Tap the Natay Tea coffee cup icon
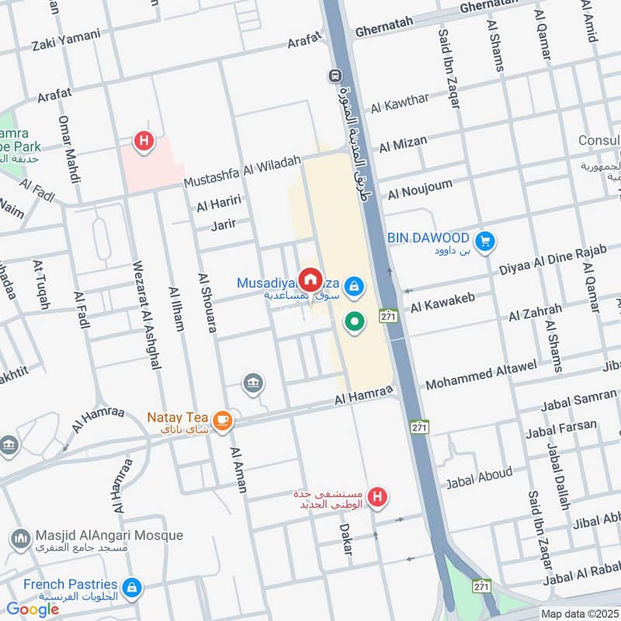tap(223, 420)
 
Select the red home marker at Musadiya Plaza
tap(310, 279)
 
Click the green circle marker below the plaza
tap(355, 321)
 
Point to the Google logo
tap(33, 609)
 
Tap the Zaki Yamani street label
tap(66, 36)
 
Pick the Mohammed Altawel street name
tap(481, 373)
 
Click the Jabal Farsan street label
tap(561, 427)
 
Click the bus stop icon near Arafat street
tap(335, 76)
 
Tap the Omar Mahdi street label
tap(70, 150)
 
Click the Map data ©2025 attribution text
tap(578, 613)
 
